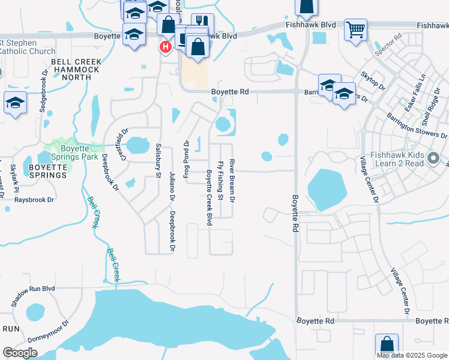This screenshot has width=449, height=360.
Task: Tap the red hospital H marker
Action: pos(164,47)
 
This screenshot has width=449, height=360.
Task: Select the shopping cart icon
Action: pos(355,29)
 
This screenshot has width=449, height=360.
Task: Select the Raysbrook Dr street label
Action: pos(34,199)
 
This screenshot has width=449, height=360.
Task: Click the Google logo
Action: pos(20,353)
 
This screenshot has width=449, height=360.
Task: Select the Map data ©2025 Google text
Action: pos(412,355)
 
